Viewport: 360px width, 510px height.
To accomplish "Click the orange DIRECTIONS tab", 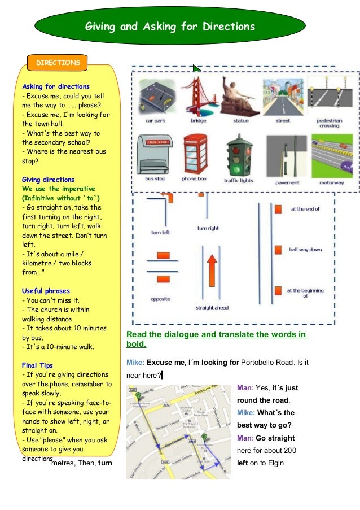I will click(x=58, y=63).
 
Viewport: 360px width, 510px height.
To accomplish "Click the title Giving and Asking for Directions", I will click(x=170, y=27).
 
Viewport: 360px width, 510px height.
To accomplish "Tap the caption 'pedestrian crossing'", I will click(x=330, y=124).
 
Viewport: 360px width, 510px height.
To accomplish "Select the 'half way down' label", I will click(x=305, y=250).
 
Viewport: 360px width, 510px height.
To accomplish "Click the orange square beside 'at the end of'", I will click(x=278, y=210).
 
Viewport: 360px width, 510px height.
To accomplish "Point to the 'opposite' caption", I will click(x=161, y=299).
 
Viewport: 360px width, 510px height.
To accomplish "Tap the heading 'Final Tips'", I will click(x=38, y=365).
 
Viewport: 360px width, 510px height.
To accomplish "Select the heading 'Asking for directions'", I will click(x=56, y=86).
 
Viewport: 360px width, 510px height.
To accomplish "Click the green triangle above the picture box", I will click(x=196, y=68).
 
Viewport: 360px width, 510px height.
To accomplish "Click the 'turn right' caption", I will click(x=208, y=228).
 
